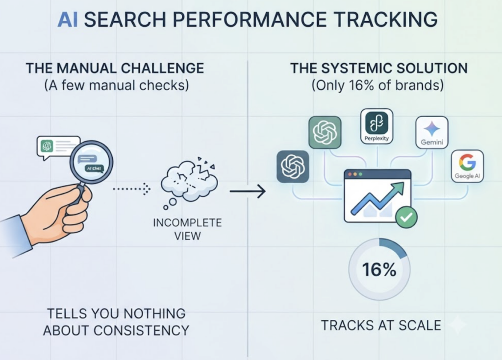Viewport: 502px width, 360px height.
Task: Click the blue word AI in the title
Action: click(x=67, y=20)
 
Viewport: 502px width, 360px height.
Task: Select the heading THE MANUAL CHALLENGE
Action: click(x=115, y=68)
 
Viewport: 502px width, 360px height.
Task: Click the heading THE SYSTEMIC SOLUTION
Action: click(x=379, y=68)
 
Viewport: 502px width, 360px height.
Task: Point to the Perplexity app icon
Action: click(x=376, y=126)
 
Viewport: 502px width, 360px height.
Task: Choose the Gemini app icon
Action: click(x=431, y=132)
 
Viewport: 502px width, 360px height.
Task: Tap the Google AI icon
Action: click(x=467, y=166)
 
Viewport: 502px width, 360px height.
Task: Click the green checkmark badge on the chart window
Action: click(x=406, y=217)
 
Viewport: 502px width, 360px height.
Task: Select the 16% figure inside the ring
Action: click(x=379, y=269)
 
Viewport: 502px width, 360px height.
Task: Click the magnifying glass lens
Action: click(x=92, y=163)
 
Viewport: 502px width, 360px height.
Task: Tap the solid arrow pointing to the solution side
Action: click(x=248, y=192)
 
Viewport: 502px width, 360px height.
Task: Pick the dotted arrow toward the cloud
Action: click(x=131, y=189)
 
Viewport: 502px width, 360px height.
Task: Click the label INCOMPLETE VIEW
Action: click(x=187, y=229)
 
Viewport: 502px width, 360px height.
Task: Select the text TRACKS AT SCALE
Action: click(x=381, y=325)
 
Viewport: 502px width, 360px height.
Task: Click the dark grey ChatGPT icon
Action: click(x=293, y=167)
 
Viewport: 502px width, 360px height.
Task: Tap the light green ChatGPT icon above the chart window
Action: click(x=325, y=132)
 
